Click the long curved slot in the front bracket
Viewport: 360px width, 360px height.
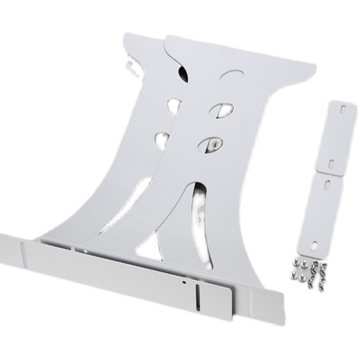point(199,211)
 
